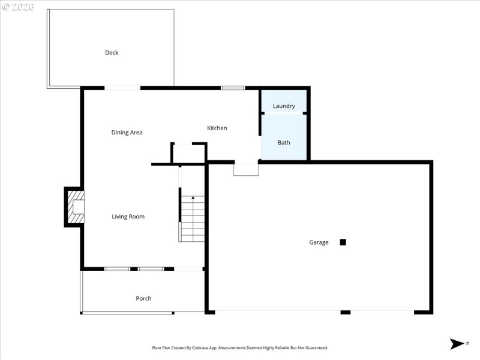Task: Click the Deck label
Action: pos(112,53)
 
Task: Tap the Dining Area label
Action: pos(127,133)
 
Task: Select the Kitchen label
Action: pos(217,128)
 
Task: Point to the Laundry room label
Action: pos(284,106)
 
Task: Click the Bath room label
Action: pos(284,143)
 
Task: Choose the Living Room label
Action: pos(128,217)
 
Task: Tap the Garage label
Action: pos(319,242)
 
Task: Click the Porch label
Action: pos(143,298)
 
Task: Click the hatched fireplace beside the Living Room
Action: pos(75,207)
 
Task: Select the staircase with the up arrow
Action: pos(192,219)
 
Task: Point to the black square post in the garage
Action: pos(343,242)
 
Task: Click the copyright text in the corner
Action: pos(18,7)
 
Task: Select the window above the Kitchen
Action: pos(233,88)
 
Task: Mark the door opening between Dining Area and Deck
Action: pos(122,88)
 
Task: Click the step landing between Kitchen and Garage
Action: pos(246,169)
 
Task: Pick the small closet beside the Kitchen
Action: pos(189,154)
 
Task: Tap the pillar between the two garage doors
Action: pos(345,312)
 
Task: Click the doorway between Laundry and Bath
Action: pos(284,113)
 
